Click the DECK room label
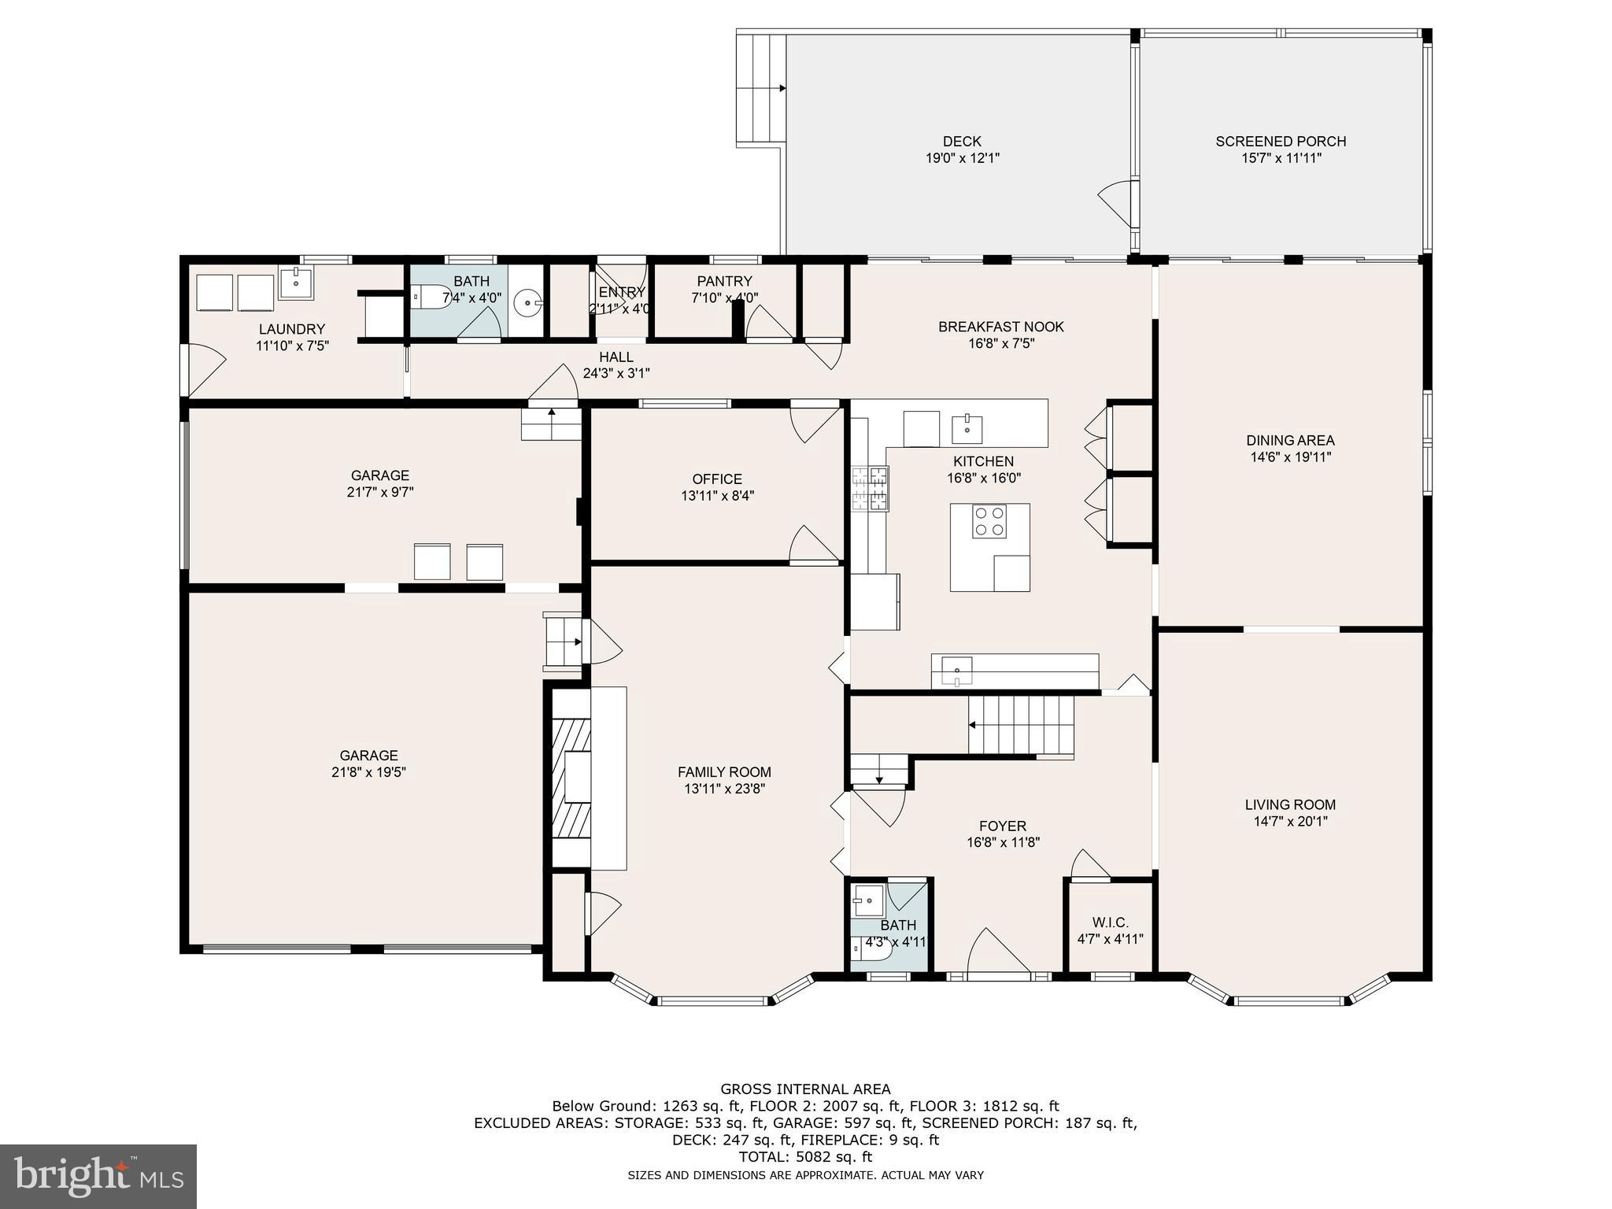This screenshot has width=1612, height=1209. click(x=962, y=142)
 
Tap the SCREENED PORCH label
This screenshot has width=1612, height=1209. click(x=1281, y=142)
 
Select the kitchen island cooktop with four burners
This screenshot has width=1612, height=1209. click(x=989, y=522)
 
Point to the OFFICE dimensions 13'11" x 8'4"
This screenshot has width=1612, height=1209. click(x=717, y=496)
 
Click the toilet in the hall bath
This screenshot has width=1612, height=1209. click(x=430, y=297)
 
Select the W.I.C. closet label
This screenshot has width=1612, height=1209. click(x=1110, y=922)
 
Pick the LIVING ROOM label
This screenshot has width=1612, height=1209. click(x=1290, y=804)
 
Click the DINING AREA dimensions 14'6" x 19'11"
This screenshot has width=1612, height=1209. click(x=1290, y=457)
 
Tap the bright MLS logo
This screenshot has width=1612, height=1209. click(x=98, y=1176)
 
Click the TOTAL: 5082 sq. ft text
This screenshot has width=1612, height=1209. click(x=805, y=1157)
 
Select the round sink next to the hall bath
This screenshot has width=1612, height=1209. click(x=527, y=301)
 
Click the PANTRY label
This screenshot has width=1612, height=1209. click(x=724, y=281)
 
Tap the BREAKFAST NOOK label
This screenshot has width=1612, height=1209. click(x=1000, y=327)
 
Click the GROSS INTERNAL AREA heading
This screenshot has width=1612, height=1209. click(x=805, y=1089)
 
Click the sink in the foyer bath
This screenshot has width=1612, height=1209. click(x=868, y=897)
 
